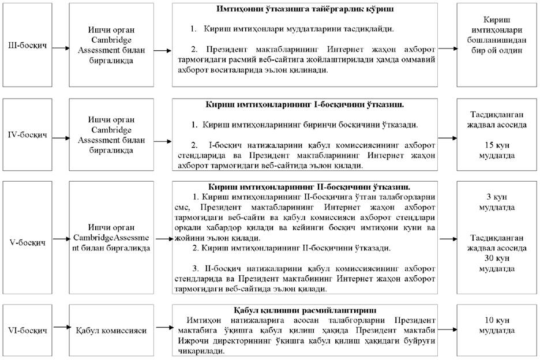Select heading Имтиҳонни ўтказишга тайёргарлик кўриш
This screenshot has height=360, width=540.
[x=308, y=10]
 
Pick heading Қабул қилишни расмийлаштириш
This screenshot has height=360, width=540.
[x=305, y=310]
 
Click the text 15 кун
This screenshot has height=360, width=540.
[x=497, y=144]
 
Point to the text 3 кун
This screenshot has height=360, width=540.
[x=497, y=197]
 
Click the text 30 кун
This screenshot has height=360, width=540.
[x=497, y=258]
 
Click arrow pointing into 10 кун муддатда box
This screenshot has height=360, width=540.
[x=446, y=329]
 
